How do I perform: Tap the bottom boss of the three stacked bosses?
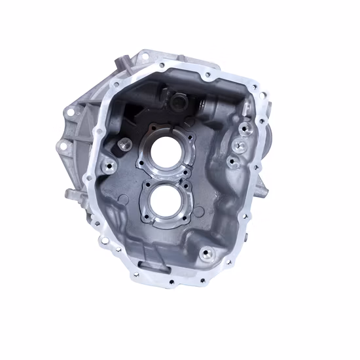point(230,161)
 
